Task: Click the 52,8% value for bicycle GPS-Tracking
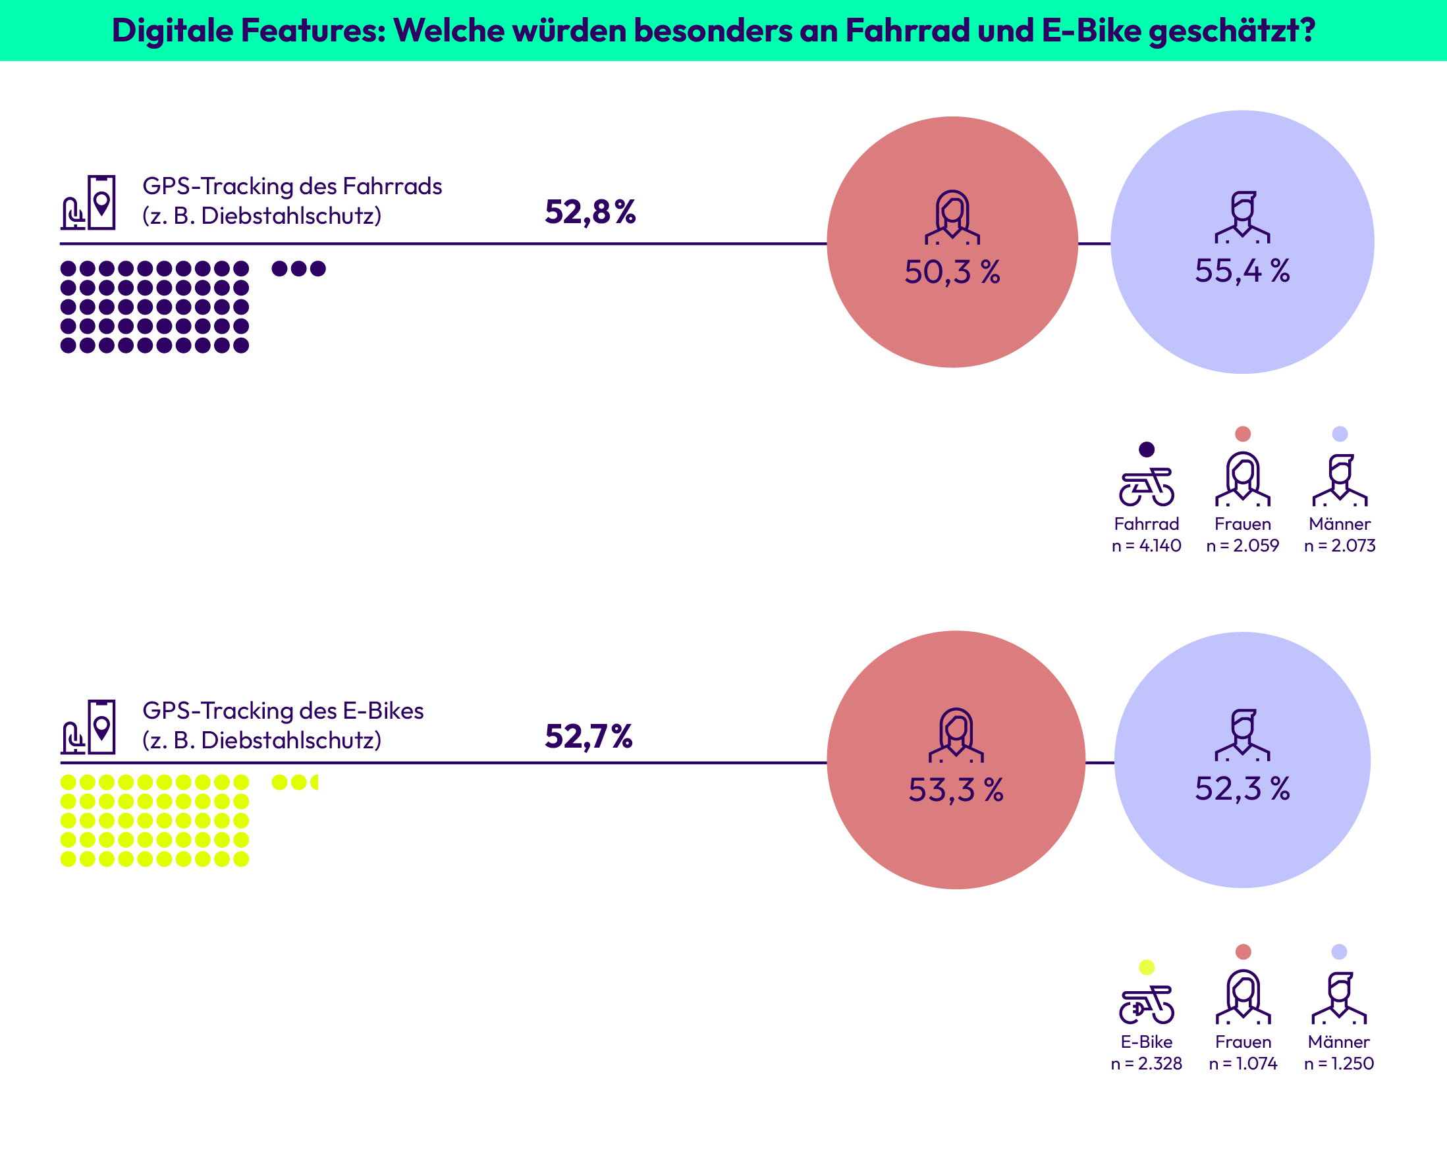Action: click(x=590, y=212)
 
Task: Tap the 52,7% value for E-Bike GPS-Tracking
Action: click(x=589, y=736)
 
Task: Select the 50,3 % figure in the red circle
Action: click(x=952, y=272)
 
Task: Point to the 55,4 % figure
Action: click(x=1242, y=271)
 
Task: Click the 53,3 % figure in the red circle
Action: click(x=956, y=790)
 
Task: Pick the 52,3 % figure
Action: click(x=1242, y=788)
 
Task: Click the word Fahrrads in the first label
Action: click(x=392, y=186)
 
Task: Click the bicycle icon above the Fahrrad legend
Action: click(x=1146, y=487)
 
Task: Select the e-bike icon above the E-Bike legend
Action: click(x=1146, y=1005)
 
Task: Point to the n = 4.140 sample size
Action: click(x=1146, y=546)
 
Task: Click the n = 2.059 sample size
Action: click(x=1242, y=546)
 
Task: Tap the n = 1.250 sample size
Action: click(x=1339, y=1064)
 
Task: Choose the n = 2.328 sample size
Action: click(x=1146, y=1064)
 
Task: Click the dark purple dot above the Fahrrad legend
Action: click(x=1146, y=450)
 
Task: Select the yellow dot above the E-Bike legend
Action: click(x=1146, y=967)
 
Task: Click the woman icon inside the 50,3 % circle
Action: click(x=952, y=217)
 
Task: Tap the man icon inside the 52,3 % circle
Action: click(x=1242, y=735)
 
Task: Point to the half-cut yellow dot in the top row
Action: click(x=314, y=782)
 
